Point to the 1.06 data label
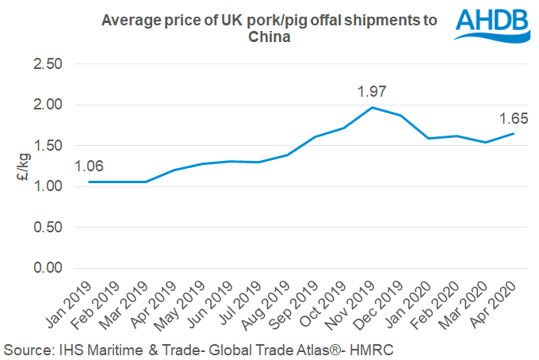89,167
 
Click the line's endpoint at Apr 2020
514,133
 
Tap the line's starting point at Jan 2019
90,182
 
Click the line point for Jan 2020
429,139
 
